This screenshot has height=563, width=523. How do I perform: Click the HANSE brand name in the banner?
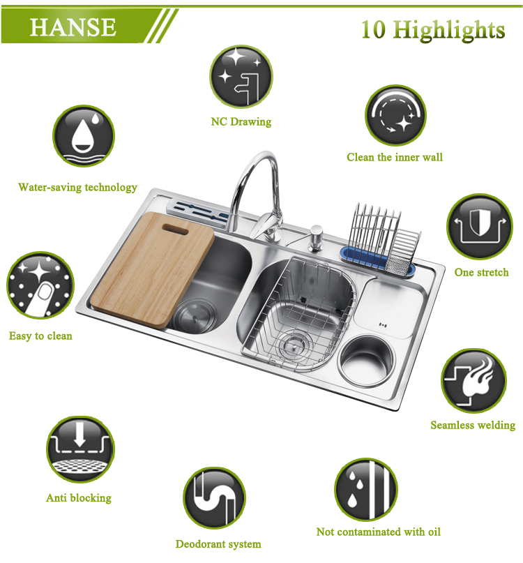pos(73,27)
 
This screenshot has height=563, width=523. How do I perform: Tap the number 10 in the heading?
pos(373,29)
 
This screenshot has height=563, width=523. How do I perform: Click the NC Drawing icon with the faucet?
pos(241,77)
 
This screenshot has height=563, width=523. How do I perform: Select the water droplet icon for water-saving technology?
pos(84,136)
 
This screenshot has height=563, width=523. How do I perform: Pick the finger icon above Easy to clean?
pos(40,285)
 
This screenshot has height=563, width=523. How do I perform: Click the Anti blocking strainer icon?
pos(80,449)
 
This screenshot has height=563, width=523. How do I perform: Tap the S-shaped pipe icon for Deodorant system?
pos(214,498)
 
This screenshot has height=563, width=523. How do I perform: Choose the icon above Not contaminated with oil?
pos(366,490)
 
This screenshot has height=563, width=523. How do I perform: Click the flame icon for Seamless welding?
pos(473,381)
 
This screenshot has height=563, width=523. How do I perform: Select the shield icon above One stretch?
pos(480,226)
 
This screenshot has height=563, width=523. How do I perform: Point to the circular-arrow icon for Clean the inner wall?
pos(395,115)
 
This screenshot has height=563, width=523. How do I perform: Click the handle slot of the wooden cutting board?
pos(175,229)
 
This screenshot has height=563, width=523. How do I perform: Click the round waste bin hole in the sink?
pos(366,361)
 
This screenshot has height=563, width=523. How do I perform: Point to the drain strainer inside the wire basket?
pos(294,345)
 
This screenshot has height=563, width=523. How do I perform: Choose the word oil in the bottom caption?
pos(434,532)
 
